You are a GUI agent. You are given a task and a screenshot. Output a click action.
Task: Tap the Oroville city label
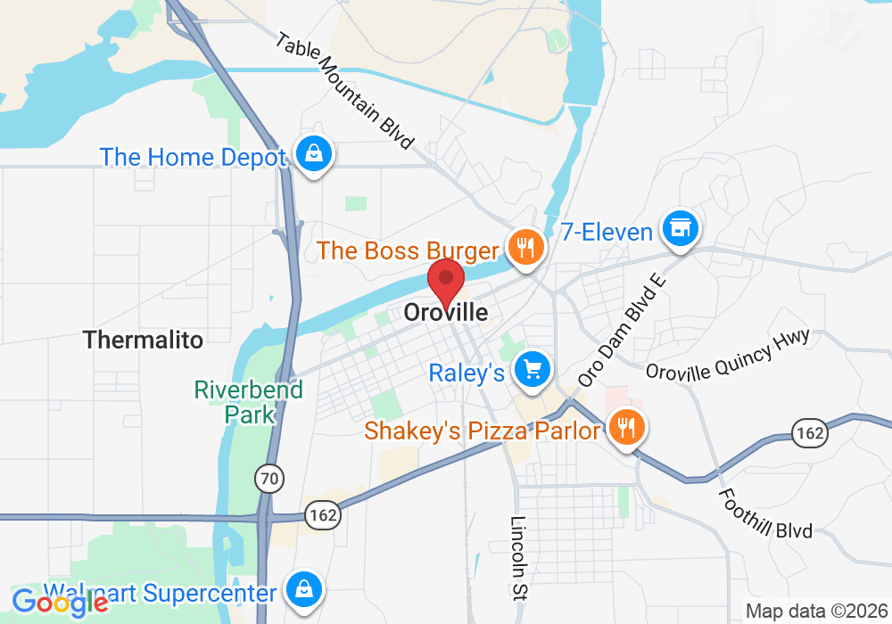446,313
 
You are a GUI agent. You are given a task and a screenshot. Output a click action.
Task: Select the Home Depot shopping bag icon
314,155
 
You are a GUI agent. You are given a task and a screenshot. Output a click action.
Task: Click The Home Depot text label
193,158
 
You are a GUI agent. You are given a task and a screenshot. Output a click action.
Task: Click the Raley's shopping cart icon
533,369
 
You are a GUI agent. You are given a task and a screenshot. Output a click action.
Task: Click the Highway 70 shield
268,480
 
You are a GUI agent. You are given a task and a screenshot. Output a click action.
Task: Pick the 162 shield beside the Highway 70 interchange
322,513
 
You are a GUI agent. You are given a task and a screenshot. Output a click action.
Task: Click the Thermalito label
143,340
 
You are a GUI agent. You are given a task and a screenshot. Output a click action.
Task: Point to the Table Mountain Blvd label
345,91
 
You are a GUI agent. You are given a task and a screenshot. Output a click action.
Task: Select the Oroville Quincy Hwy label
727,354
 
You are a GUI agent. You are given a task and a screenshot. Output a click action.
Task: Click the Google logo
61,603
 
